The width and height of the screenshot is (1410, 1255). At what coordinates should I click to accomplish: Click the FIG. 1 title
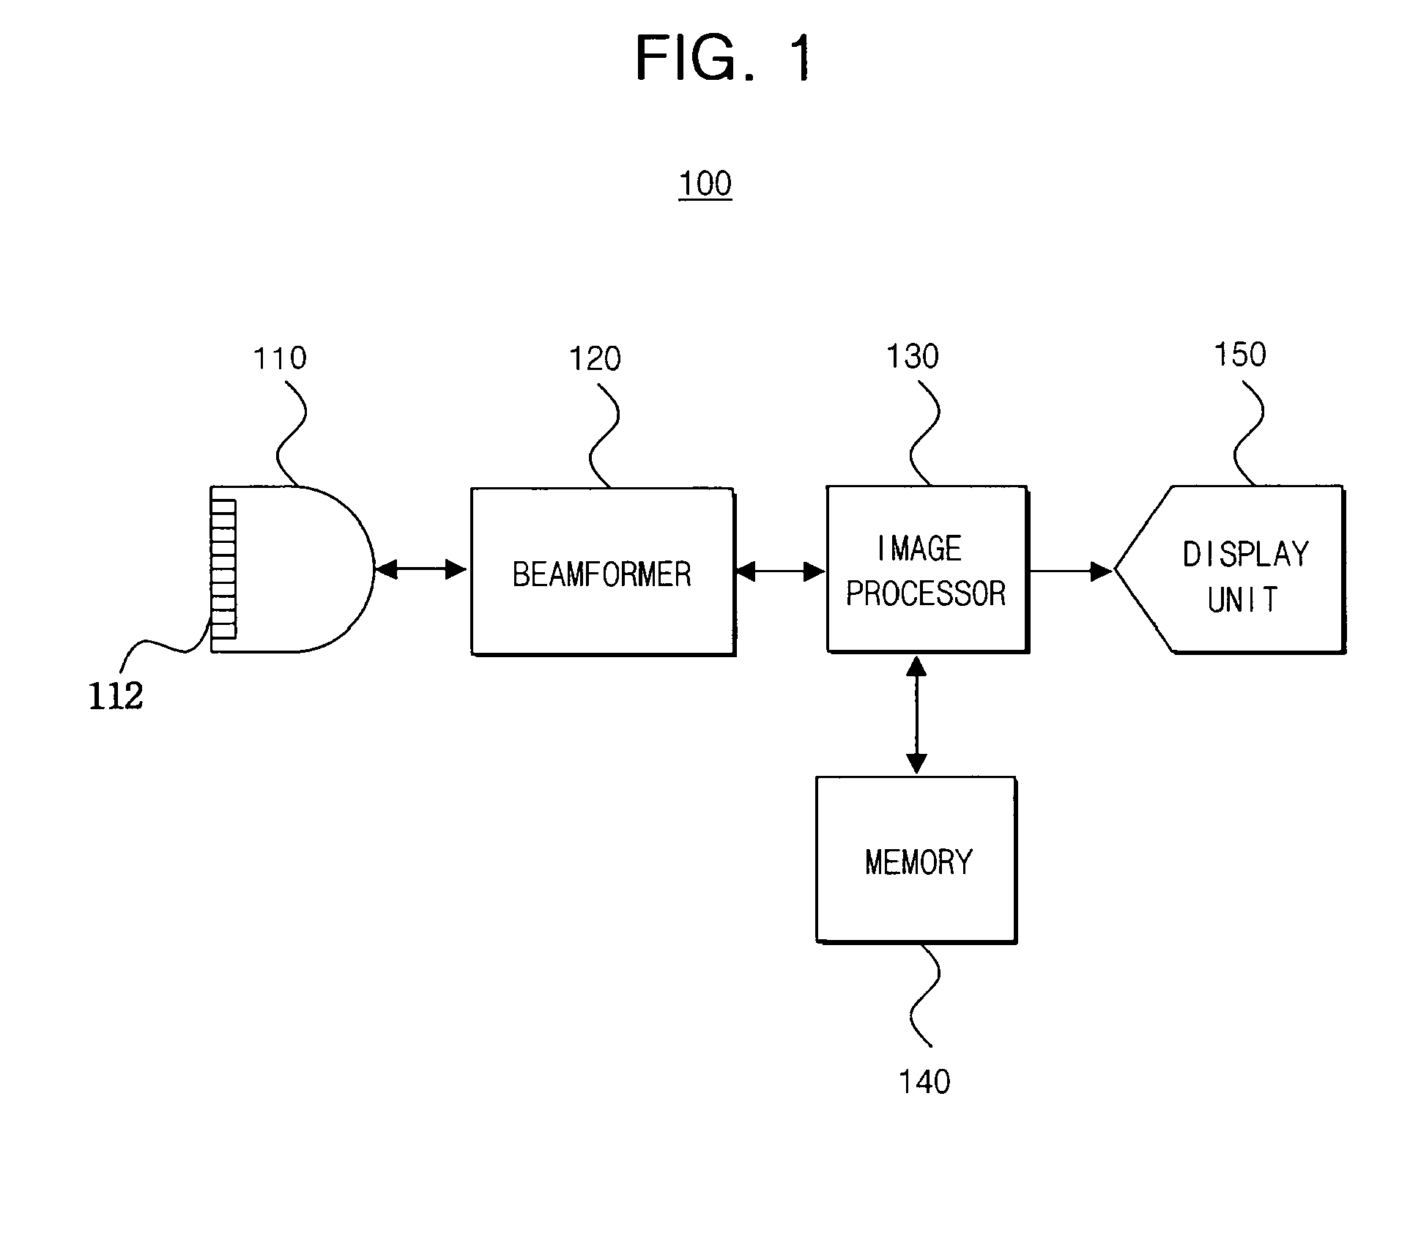pyautogui.click(x=723, y=58)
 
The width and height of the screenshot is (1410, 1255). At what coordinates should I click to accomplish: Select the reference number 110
pyautogui.click(x=280, y=358)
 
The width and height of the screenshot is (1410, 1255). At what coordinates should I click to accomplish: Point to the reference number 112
pyautogui.click(x=116, y=695)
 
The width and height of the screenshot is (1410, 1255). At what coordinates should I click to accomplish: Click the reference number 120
pyautogui.click(x=595, y=359)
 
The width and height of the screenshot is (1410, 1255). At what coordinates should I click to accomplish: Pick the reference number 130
pyautogui.click(x=913, y=357)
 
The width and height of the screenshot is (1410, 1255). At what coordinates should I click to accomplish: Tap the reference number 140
pyautogui.click(x=924, y=1081)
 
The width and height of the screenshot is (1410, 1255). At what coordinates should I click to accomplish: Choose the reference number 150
pyautogui.click(x=1240, y=355)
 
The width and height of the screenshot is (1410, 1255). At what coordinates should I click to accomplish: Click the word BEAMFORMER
pyautogui.click(x=601, y=574)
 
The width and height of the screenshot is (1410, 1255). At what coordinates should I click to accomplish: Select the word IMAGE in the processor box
pyautogui.click(x=919, y=548)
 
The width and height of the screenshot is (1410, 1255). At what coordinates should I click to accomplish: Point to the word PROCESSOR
pyautogui.click(x=926, y=593)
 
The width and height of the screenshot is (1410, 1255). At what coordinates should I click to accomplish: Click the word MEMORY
pyautogui.click(x=919, y=862)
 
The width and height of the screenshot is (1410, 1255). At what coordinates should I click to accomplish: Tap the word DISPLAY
pyautogui.click(x=1245, y=554)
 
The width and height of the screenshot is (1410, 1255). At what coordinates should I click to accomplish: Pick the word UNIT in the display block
pyautogui.click(x=1242, y=599)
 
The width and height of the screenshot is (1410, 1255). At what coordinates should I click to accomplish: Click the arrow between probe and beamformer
pyautogui.click(x=421, y=569)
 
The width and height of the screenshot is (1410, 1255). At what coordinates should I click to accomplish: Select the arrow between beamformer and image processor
pyautogui.click(x=780, y=571)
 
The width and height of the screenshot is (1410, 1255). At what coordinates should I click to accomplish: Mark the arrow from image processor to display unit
pyautogui.click(x=1071, y=571)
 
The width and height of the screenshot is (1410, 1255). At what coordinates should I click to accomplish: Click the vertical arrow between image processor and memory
pyautogui.click(x=916, y=714)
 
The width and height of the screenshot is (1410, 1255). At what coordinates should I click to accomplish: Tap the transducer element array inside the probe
pyautogui.click(x=223, y=569)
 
